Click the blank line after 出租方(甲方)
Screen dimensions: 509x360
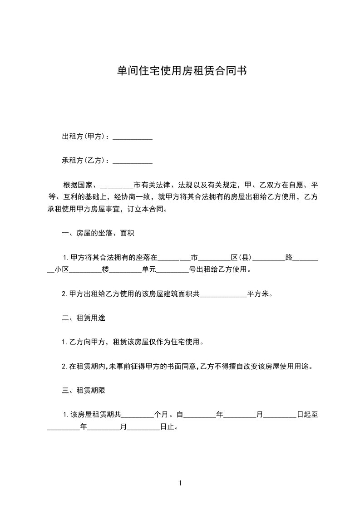pos(132,137)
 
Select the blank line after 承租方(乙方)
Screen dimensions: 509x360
pos(132,161)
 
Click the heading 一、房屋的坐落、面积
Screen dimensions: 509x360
pos(98,234)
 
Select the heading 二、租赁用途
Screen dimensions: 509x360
pos(84,318)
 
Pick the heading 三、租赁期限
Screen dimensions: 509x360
pos(84,390)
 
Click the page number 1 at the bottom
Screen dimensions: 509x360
pos(180,483)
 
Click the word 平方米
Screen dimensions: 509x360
pos(257,294)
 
